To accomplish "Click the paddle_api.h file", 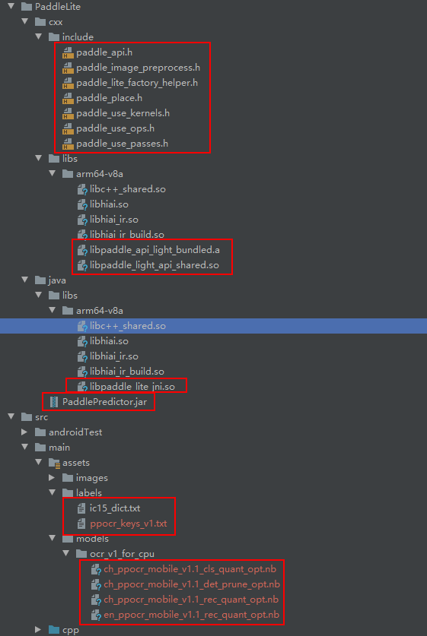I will pos(104,52).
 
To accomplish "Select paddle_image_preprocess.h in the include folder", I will pos(138,68).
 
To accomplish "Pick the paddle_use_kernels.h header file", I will pos(122,113).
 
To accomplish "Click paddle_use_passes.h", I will pos(122,144).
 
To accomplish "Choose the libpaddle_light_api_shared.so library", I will pos(154,265).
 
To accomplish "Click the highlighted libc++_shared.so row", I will pos(127,326).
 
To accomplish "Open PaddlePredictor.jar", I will pos(104,402).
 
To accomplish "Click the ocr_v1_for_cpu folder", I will pos(122,554).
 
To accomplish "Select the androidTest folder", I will pos(75,432).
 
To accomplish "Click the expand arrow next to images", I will pos(52,478).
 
